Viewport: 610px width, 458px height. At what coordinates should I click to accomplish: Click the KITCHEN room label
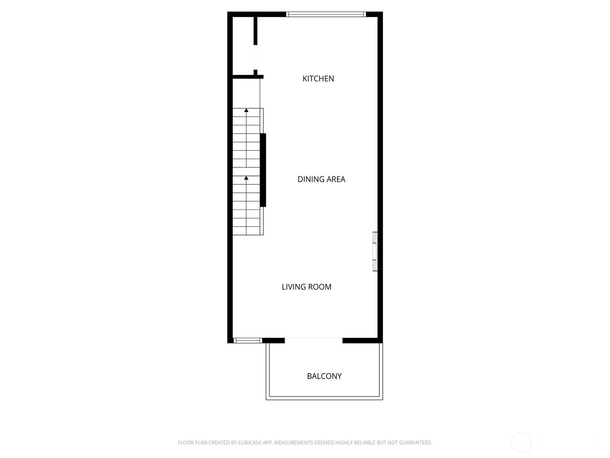click(x=318, y=79)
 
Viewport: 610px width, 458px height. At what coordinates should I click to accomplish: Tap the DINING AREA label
click(x=321, y=179)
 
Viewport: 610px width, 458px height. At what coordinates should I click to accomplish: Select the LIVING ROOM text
click(x=306, y=287)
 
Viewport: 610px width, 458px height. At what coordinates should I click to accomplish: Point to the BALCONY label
click(x=324, y=376)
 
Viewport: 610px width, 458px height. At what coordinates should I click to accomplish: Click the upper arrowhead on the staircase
click(x=246, y=111)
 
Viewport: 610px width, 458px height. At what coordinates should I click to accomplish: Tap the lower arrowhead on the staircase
click(x=246, y=178)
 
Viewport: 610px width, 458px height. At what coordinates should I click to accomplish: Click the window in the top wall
click(x=326, y=15)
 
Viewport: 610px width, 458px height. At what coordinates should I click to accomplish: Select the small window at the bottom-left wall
click(x=247, y=340)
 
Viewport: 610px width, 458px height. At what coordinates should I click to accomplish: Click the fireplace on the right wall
click(x=375, y=252)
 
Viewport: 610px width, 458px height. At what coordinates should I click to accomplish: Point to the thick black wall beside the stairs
click(x=263, y=170)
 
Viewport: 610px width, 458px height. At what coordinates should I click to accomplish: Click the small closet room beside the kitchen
click(x=243, y=46)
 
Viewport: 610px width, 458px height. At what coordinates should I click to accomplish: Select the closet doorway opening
click(x=255, y=57)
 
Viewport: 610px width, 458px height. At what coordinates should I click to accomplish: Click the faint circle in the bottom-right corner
click(x=521, y=443)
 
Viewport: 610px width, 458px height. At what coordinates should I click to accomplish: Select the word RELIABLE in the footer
click(x=365, y=443)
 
